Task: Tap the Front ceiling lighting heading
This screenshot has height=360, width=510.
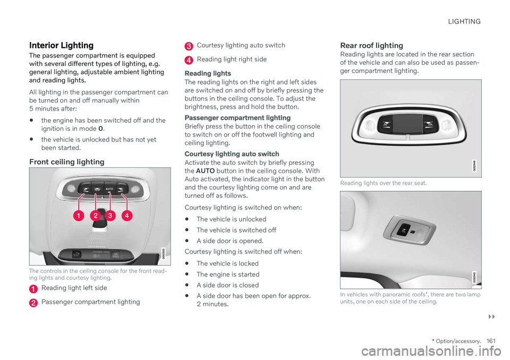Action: click(67, 161)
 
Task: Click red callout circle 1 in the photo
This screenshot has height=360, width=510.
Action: click(78, 216)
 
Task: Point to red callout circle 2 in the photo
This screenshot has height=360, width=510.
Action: click(95, 216)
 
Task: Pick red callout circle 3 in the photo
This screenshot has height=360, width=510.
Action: click(110, 216)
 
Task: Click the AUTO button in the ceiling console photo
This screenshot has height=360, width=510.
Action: click(110, 189)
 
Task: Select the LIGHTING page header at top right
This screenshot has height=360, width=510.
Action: click(464, 22)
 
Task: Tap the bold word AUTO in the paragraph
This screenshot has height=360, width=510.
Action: click(206, 170)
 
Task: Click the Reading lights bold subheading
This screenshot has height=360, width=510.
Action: click(207, 73)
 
